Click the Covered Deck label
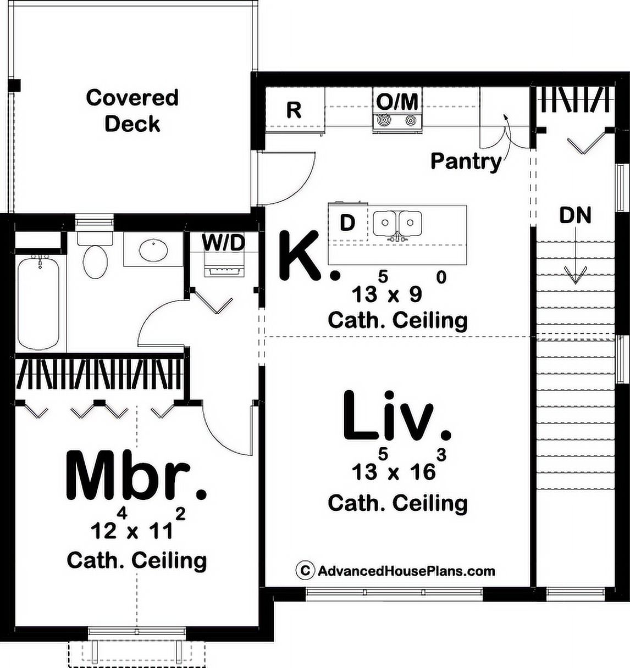tap(132, 110)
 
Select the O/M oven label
tap(397, 101)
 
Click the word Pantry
tap(466, 162)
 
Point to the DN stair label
tap(575, 215)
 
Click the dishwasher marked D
tap(347, 222)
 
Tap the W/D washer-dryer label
tap(223, 242)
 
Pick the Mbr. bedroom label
tap(136, 475)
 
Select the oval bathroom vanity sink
tap(154, 249)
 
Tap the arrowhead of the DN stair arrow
tap(575, 275)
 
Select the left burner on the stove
tap(384, 119)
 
